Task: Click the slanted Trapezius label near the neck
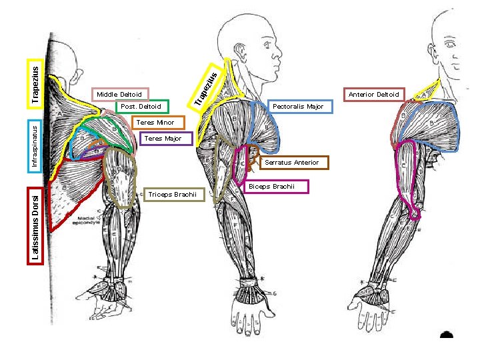pyautogui.click(x=205, y=87)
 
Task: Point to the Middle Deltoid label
pyautogui.click(x=119, y=95)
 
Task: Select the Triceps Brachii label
pyautogui.click(x=172, y=195)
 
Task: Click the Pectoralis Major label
pyautogui.click(x=298, y=107)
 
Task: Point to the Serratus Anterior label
pyautogui.click(x=291, y=163)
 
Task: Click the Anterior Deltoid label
pyautogui.click(x=373, y=95)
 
